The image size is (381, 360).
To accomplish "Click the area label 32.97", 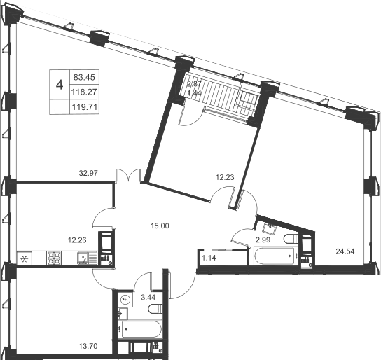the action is click(88, 173).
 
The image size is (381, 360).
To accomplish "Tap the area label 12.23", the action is click(225, 178).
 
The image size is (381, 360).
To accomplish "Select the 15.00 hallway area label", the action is click(160, 226).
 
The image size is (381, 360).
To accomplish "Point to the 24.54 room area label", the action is click(345, 251).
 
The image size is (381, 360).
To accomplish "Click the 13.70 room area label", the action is click(88, 346).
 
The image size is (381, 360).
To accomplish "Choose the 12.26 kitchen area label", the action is click(77, 240).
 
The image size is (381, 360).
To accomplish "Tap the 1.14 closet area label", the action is click(209, 258).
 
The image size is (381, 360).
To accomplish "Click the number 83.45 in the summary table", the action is click(84, 77).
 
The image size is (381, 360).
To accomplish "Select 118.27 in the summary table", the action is click(84, 92).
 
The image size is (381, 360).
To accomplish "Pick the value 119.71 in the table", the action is click(85, 107).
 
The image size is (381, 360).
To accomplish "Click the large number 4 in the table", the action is click(60, 85).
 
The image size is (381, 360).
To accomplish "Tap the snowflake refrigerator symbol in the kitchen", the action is click(25, 259).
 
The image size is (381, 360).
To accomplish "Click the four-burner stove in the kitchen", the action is click(54, 258).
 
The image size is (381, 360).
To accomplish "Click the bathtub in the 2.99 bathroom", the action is click(275, 256).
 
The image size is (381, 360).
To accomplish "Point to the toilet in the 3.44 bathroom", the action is click(155, 310).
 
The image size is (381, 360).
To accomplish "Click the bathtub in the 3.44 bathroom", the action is click(141, 329).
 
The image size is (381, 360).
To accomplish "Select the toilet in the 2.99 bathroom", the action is click(291, 238).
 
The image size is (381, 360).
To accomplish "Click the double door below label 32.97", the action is click(128, 175).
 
